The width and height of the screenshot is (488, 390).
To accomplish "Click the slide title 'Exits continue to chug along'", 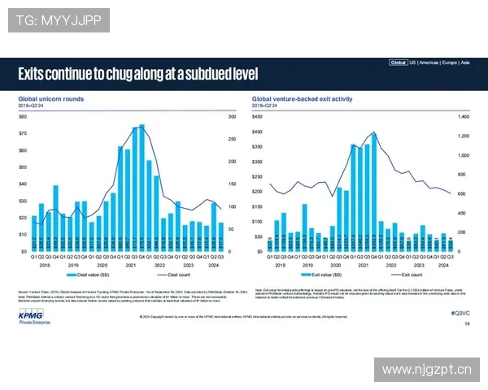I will click(138, 75).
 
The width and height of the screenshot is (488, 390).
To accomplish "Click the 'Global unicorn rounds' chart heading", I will click(51, 100).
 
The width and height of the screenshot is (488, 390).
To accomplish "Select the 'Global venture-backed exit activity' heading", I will click(302, 100).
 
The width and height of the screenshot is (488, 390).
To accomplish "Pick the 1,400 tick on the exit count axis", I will click(465, 117).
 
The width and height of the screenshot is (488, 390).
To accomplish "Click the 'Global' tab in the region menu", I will click(398, 62).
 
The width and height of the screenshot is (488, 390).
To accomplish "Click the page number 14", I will click(467, 324).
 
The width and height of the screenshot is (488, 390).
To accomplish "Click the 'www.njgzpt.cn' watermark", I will click(426, 370).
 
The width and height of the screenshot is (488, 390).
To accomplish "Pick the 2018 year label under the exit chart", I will click(280, 265).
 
